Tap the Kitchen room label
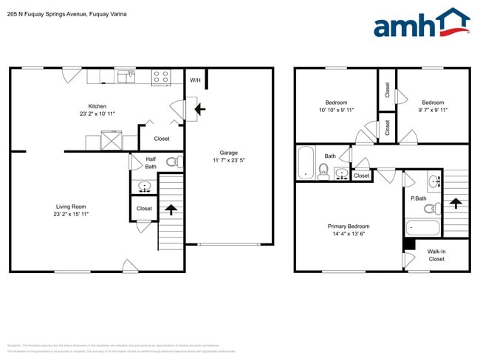tap(97, 106)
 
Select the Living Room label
tap(72, 207)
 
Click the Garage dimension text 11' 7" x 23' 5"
tap(227, 159)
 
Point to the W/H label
tap(195, 80)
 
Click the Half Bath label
tap(150, 162)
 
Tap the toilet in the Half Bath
tap(171, 162)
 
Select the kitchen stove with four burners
tap(161, 75)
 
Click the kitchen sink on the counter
tap(126, 75)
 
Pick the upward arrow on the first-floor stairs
tap(171, 210)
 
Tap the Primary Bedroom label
tap(349, 226)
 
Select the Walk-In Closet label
tap(436, 255)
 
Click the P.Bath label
tap(418, 198)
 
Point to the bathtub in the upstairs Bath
tap(305, 163)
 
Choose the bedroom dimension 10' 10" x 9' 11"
tap(336, 111)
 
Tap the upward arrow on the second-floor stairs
tap(455, 202)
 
